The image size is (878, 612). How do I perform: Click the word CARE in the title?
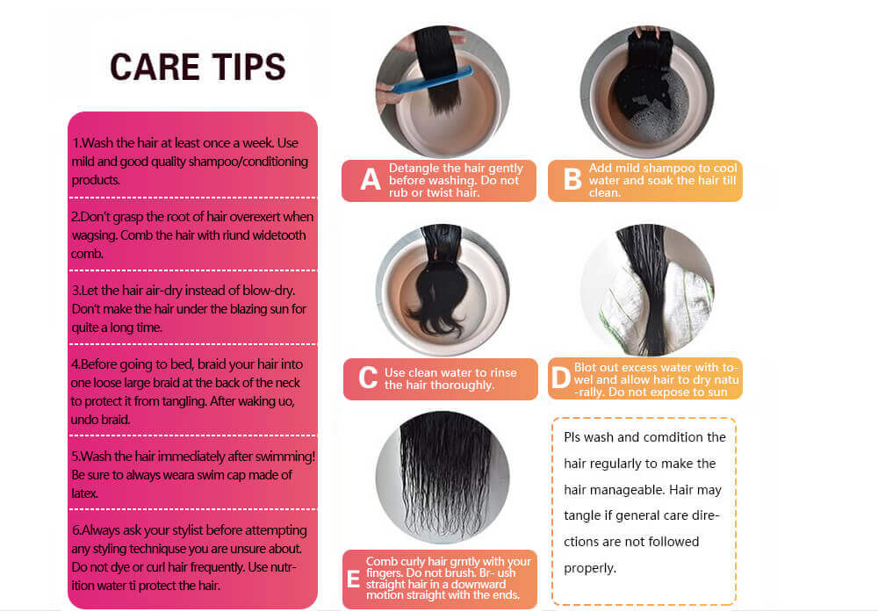155,67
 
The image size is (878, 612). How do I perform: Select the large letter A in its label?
371,180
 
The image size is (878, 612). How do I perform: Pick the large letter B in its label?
572,180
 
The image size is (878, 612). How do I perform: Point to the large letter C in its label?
368,378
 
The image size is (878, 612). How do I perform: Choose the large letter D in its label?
560,378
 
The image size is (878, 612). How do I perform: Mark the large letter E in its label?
353,579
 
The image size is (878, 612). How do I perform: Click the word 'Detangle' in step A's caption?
414,168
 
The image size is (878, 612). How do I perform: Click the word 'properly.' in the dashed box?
590,568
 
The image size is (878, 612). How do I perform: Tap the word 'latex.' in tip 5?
84,493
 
